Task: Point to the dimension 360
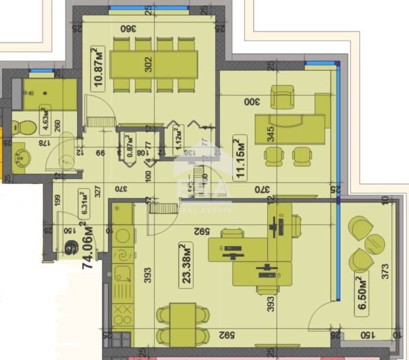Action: tap(126, 28)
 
